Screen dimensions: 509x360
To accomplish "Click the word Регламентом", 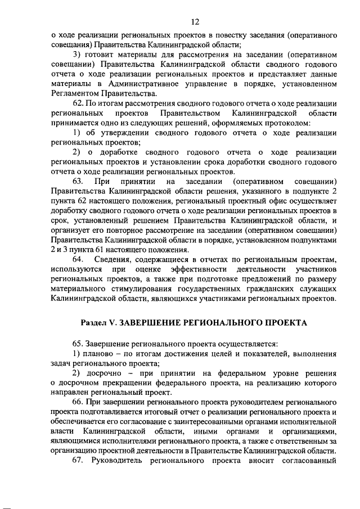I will [x=75, y=93].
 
